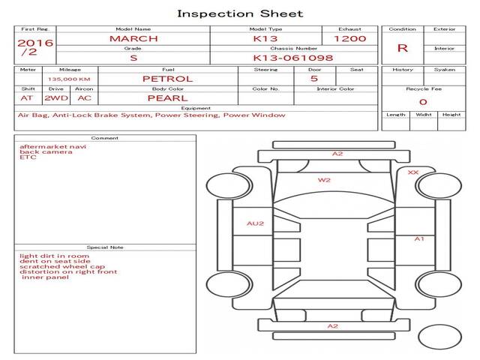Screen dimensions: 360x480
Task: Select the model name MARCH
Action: click(133, 38)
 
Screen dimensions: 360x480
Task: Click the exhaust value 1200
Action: click(349, 38)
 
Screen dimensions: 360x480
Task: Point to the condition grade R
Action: click(403, 48)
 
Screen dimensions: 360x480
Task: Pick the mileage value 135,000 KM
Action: click(69, 79)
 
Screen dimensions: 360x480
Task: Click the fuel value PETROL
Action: click(167, 78)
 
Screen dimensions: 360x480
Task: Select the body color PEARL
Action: click(167, 97)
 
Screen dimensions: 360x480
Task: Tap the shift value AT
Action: click(27, 97)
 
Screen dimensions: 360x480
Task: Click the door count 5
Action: click(313, 78)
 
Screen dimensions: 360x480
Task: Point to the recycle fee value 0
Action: click(423, 102)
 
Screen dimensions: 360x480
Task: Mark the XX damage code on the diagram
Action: click(412, 172)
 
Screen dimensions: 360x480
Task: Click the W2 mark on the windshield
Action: click(324, 180)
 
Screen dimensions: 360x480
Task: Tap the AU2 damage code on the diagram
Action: click(256, 223)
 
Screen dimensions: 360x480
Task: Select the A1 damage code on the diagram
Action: click(420, 238)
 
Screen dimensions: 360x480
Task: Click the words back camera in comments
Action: click(46, 152)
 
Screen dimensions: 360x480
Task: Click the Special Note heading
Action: click(104, 247)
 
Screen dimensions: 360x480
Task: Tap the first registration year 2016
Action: click(35, 43)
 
